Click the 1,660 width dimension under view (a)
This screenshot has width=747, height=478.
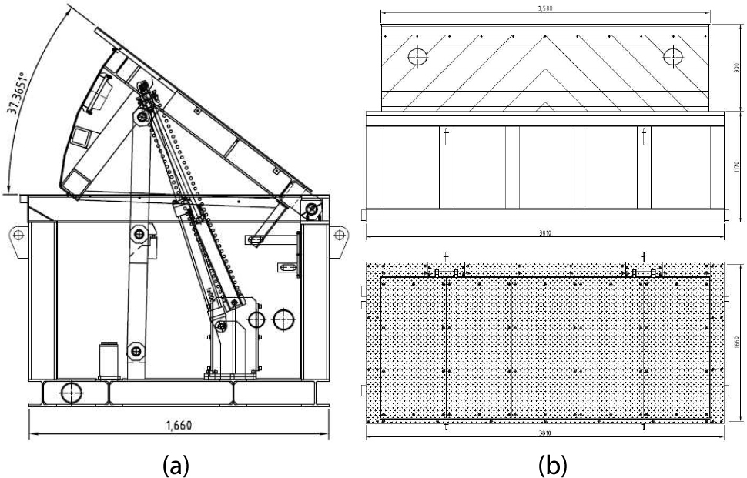tap(178, 423)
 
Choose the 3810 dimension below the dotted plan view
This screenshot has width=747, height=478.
tap(546, 433)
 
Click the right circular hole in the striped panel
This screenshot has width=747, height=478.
tap(672, 55)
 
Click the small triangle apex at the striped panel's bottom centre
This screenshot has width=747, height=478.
tap(545, 104)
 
